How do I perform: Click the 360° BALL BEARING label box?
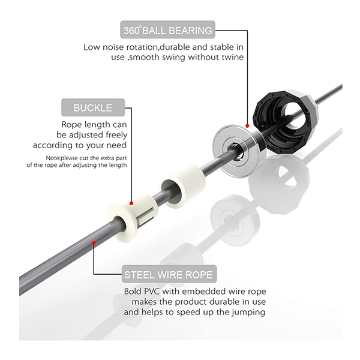[167, 30]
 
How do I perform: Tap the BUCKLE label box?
[93, 107]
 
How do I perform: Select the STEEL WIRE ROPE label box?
[169, 274]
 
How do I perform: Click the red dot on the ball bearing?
[247, 126]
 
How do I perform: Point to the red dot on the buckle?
[131, 203]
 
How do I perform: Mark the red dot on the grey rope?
[94, 243]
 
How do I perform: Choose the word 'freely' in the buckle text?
[116, 135]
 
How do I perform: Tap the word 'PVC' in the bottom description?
[151, 292]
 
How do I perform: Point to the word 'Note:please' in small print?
[62, 158]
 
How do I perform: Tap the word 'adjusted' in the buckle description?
[86, 135]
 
